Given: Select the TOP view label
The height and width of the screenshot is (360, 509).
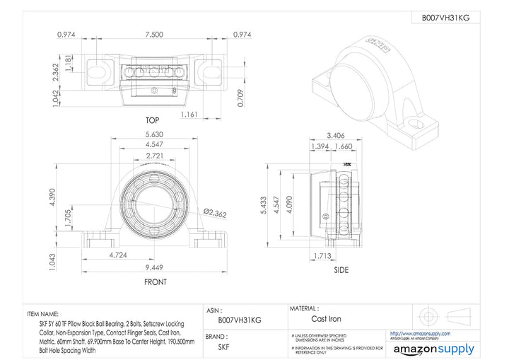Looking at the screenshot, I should pos(152,121).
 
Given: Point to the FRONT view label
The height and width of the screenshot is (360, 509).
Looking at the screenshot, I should pos(155,281).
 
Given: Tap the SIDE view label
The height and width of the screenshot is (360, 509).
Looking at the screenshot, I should pos(342,269).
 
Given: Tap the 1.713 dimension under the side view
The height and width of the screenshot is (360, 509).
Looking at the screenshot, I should pos(323,256).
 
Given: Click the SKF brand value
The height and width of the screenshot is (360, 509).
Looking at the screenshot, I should pos(223,347).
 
